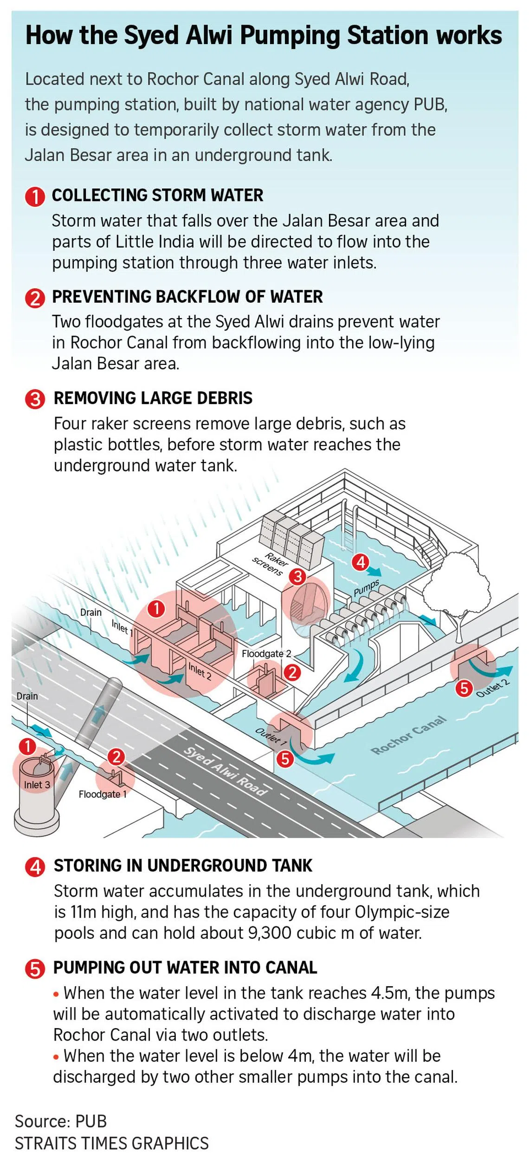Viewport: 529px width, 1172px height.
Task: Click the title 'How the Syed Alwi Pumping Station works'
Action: pos(264,36)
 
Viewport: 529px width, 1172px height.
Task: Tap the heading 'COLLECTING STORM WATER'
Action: pos(157,195)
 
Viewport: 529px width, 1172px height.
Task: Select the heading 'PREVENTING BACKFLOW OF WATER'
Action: pos(187,297)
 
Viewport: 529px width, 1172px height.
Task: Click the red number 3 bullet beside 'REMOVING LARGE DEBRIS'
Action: pos(35,399)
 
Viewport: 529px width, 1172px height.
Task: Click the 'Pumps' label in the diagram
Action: pos(366,587)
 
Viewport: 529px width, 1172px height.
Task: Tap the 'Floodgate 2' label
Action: pos(266,654)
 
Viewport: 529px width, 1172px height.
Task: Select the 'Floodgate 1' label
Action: pos(103,794)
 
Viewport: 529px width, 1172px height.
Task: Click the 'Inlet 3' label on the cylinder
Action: pos(37,785)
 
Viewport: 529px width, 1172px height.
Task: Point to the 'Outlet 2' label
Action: pos(493,688)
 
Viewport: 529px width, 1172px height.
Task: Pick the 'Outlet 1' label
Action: pos(271,736)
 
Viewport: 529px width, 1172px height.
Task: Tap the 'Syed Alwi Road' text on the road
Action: pos(226,771)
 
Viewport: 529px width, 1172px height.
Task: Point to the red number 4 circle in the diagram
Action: pos(361,562)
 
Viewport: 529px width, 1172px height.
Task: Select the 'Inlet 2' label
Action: pos(200,671)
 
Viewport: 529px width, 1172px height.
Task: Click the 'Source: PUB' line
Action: pos(61,1121)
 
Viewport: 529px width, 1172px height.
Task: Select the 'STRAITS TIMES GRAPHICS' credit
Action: pos(112,1143)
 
